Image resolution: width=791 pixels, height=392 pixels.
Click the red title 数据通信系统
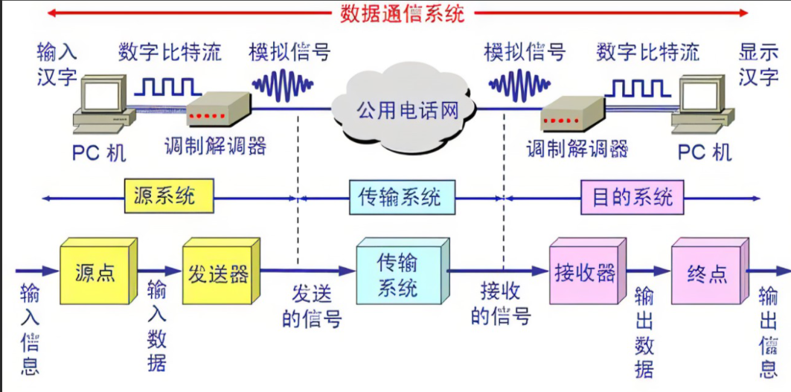click(x=402, y=13)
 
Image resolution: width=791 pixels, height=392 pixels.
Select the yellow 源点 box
click(x=95, y=274)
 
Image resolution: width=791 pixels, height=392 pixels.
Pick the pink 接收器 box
click(x=584, y=274)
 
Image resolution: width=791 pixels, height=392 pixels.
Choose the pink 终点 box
click(x=707, y=274)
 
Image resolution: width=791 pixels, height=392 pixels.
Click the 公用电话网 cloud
click(x=406, y=111)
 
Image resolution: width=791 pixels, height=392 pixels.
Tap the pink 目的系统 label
click(x=632, y=197)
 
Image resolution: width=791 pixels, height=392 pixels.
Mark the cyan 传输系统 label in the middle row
click(x=400, y=197)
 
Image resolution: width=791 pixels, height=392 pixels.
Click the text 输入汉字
click(x=57, y=64)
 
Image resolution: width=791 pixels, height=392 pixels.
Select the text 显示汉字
click(x=758, y=64)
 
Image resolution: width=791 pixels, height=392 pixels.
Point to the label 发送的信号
click(x=312, y=306)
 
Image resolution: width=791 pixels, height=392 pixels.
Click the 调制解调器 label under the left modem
click(x=215, y=146)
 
